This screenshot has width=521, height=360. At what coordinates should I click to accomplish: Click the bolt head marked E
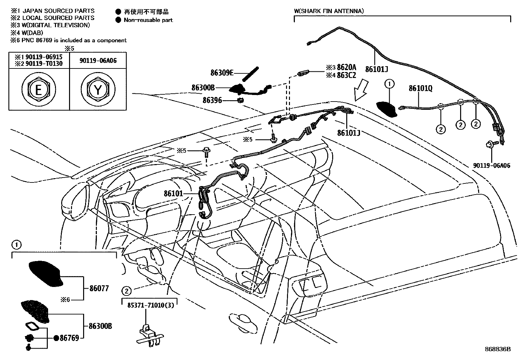pyautogui.click(x=38, y=89)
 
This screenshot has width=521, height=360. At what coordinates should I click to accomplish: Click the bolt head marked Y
pyautogui.click(x=98, y=89)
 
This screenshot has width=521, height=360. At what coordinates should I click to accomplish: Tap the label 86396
pyautogui.click(x=212, y=100)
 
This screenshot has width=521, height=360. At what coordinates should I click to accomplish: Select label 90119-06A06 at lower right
pyautogui.click(x=491, y=166)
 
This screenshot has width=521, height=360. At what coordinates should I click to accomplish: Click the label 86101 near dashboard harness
pyautogui.click(x=173, y=194)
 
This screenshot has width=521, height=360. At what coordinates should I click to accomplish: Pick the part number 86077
pyautogui.click(x=99, y=289)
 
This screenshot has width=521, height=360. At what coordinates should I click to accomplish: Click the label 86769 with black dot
pyautogui.click(x=69, y=338)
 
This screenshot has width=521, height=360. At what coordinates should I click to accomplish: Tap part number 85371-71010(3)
pyautogui.click(x=150, y=305)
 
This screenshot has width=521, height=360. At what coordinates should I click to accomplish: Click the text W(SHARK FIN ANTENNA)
pyautogui.click(x=329, y=11)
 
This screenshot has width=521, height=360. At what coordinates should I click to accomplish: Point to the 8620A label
pyautogui.click(x=346, y=67)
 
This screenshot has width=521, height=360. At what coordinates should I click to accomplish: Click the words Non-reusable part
pyautogui.click(x=148, y=20)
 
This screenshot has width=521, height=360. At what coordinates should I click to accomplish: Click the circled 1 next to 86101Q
pyautogui.click(x=389, y=84)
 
